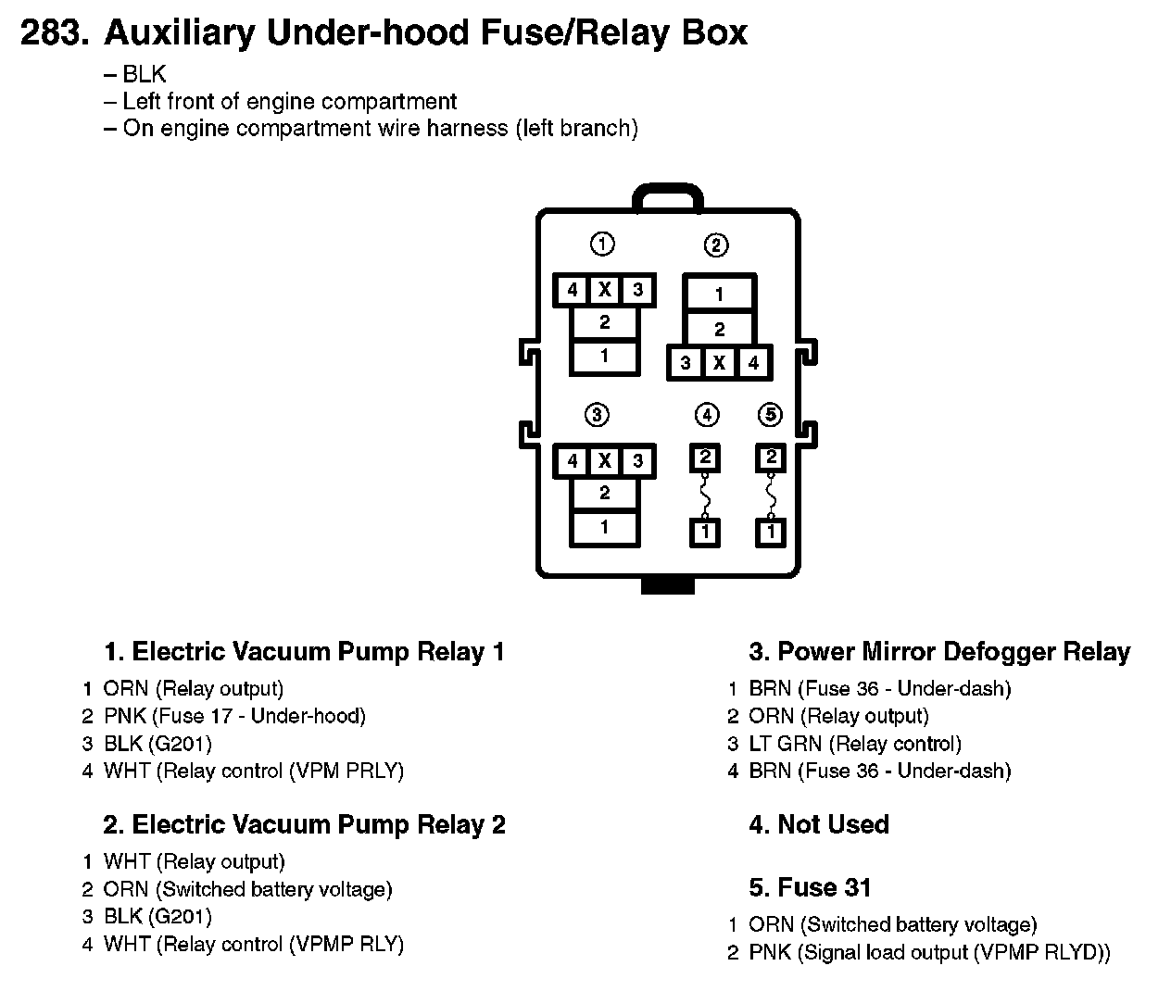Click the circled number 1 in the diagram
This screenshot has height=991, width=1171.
pos(602,245)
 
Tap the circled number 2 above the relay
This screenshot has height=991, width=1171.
pos(716,245)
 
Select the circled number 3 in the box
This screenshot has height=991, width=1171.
pos(597,415)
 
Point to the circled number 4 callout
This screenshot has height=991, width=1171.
pos(706,415)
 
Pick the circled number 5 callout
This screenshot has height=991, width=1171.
pos(770,415)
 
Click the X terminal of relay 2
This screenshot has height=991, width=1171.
pos(719,363)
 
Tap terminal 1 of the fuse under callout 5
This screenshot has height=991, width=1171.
pos(771,533)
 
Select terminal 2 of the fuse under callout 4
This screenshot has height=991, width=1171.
pos(705,458)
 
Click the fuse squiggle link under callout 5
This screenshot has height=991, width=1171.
pos(771,495)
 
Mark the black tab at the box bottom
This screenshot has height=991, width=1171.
pos(667,584)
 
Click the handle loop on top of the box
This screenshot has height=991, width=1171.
pos(667,195)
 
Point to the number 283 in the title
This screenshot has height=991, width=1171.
pos(54,34)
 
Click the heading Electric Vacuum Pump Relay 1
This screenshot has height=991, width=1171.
pos(304,652)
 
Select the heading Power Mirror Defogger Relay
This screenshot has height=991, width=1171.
pos(939,652)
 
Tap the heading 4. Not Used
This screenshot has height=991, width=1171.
pos(819,824)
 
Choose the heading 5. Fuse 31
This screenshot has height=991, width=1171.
pos(810,887)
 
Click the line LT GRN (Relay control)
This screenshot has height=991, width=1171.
pos(855,744)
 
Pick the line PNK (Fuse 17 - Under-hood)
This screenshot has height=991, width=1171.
pos(234,716)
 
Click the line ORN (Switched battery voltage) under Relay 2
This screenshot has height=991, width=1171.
pos(247,889)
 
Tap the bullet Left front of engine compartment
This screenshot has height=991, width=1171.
pos(289,102)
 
